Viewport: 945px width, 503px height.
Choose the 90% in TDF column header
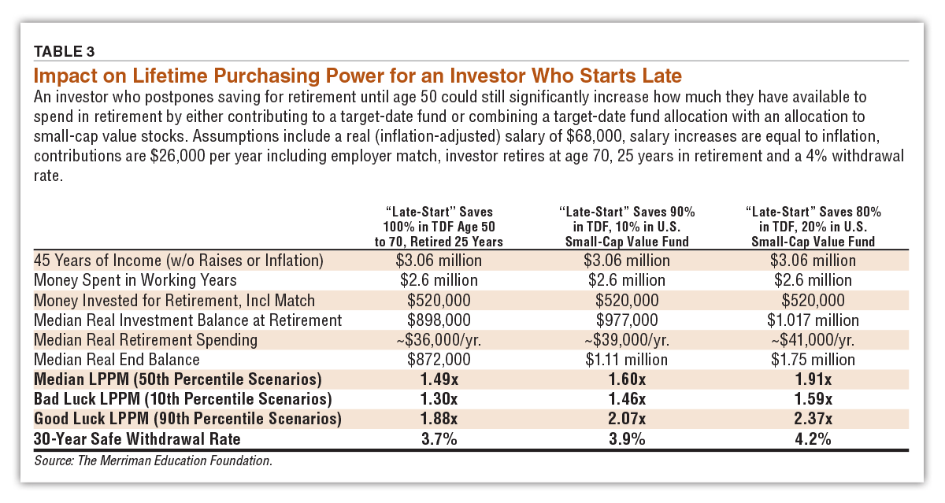pos(627,226)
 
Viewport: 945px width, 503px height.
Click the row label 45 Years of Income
pos(179,261)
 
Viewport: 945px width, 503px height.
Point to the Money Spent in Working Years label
pos(135,280)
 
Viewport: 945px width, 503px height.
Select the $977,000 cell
pos(627,320)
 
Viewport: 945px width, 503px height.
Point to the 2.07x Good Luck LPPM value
pos(627,419)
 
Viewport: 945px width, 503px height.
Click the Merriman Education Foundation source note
pos(153,460)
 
